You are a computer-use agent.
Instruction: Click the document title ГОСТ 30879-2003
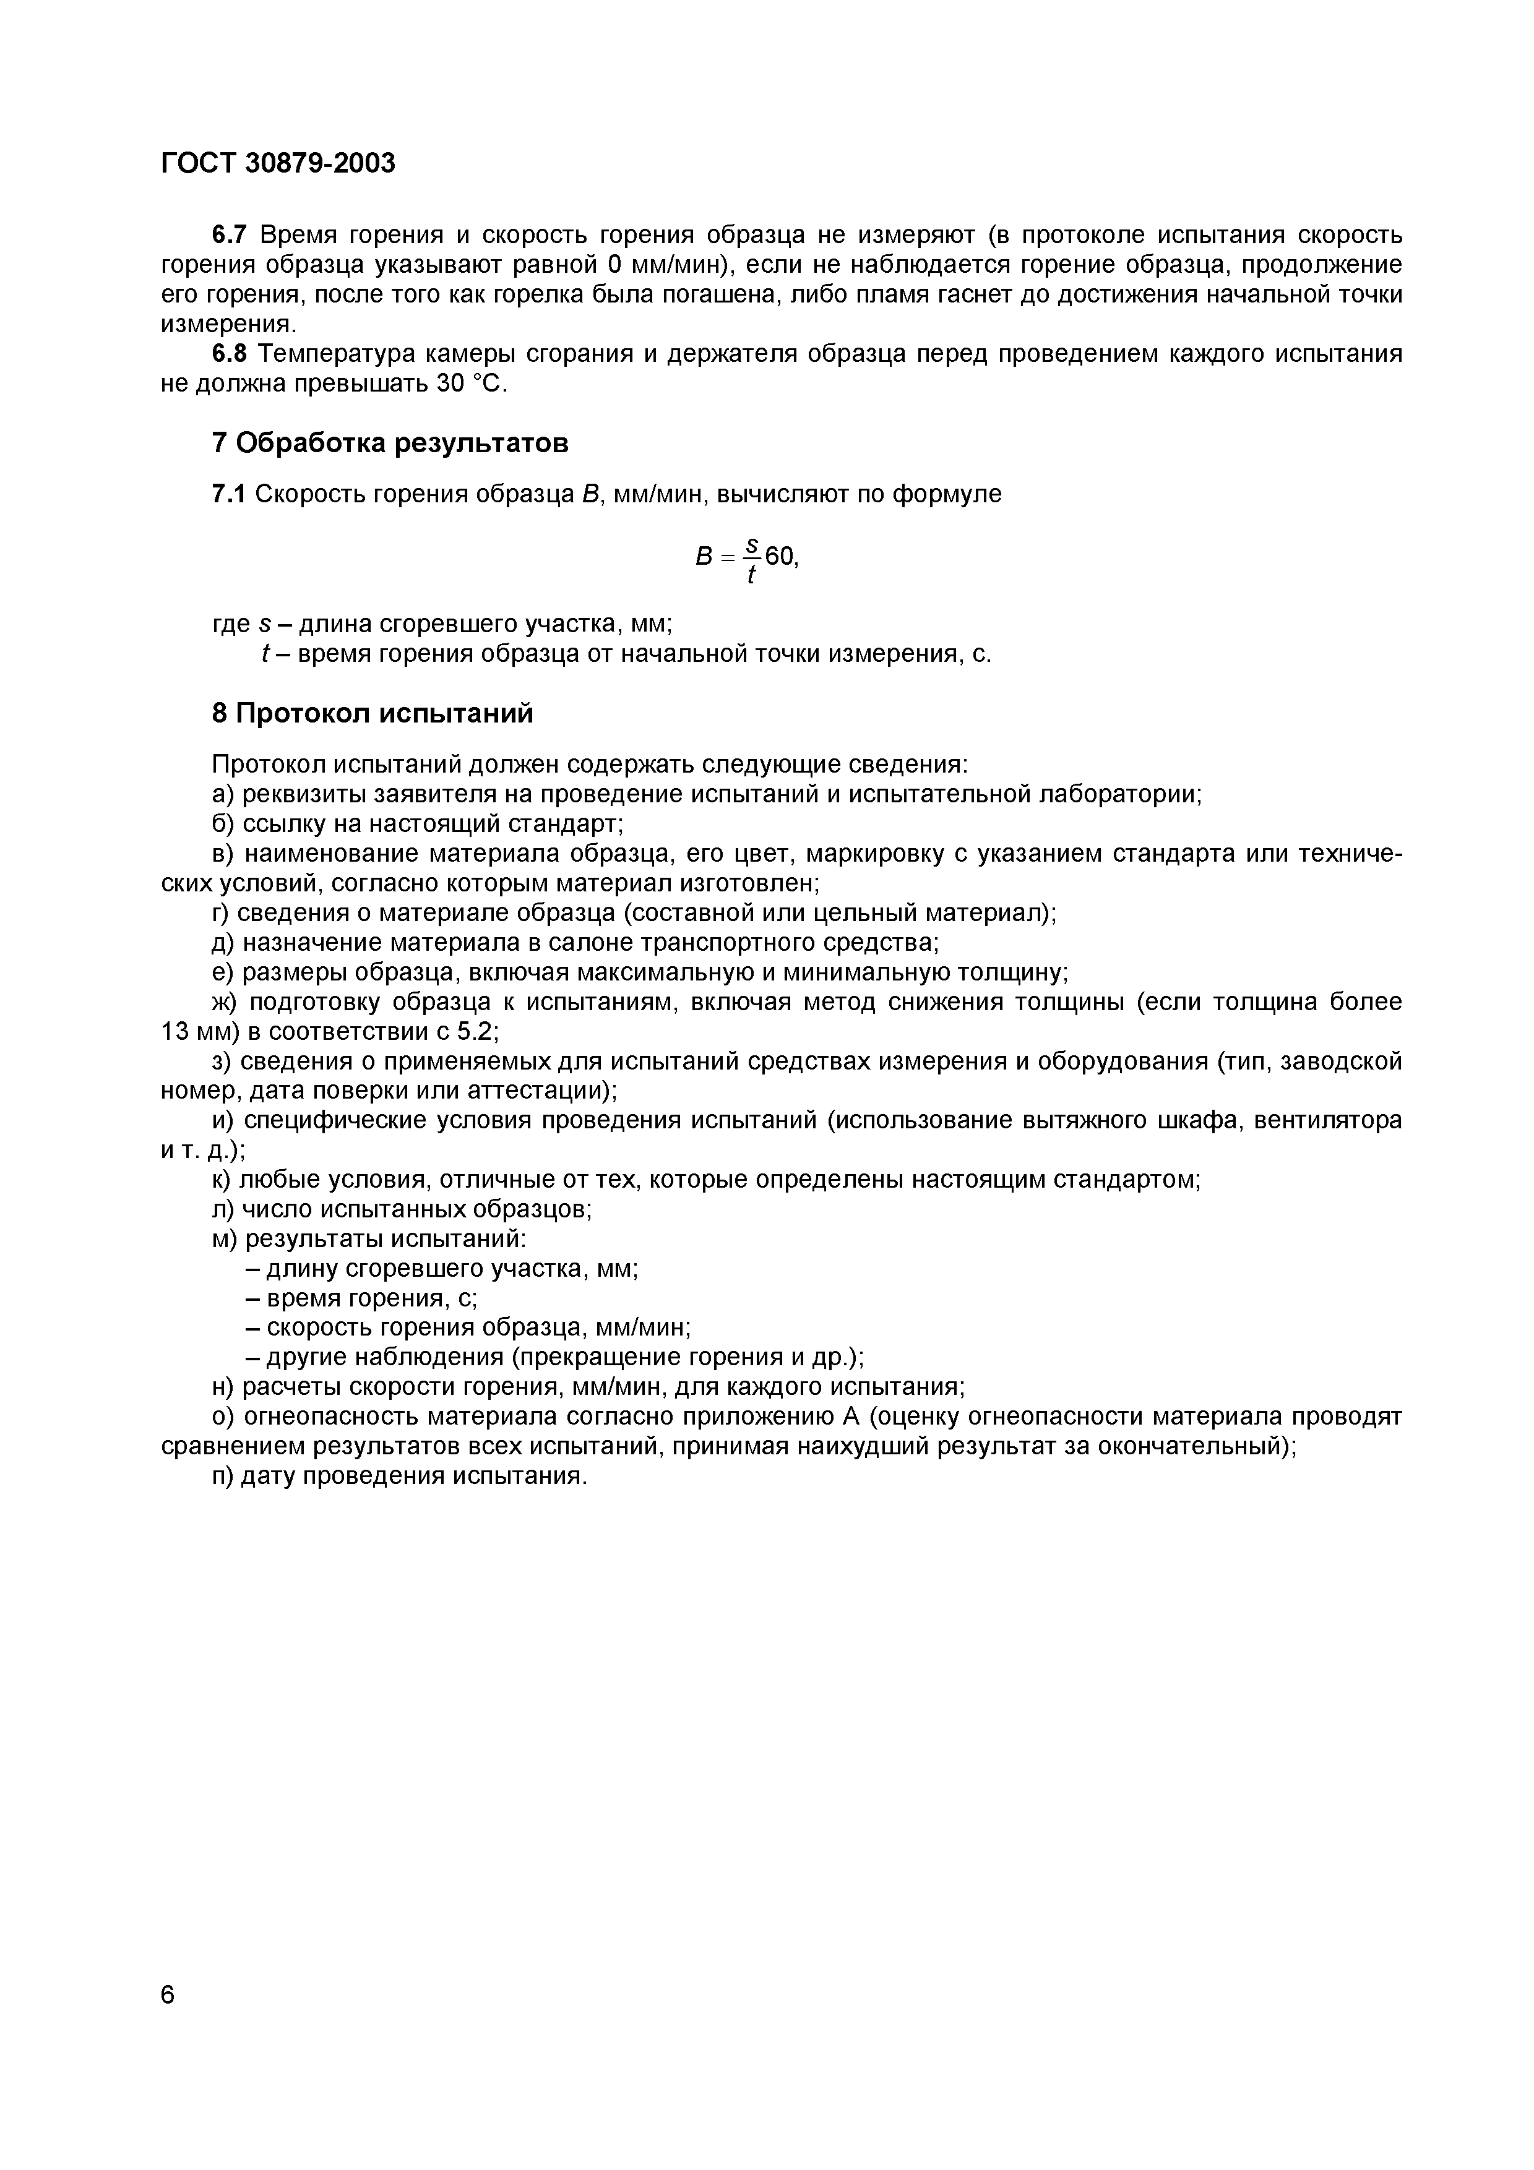tap(278, 163)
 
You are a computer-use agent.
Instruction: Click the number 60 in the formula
tap(779, 557)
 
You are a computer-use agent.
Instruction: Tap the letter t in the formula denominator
tap(751, 575)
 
